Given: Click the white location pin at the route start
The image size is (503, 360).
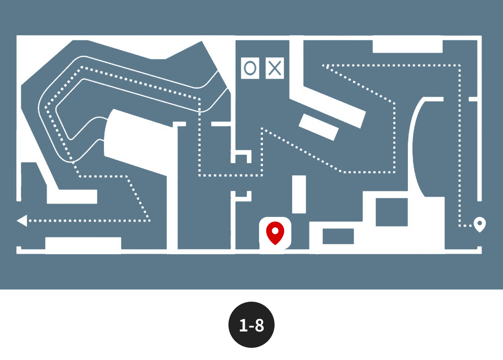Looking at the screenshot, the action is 480,224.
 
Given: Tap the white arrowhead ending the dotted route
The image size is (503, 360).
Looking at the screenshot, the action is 22,221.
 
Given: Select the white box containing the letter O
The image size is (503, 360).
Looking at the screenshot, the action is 250,68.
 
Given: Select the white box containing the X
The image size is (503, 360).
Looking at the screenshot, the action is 275,68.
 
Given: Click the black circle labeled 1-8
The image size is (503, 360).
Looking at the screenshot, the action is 251,325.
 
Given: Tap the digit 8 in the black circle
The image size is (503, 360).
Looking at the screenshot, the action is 259,326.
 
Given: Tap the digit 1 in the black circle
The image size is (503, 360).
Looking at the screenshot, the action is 244,326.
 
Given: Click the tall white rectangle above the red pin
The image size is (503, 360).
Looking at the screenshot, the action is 299,194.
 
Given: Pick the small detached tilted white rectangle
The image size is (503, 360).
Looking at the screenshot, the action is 319,127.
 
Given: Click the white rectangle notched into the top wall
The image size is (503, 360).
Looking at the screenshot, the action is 407,47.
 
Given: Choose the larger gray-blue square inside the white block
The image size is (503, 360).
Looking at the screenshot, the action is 392,212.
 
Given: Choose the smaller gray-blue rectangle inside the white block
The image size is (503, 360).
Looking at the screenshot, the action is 338,236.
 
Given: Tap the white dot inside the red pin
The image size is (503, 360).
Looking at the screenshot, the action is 275,231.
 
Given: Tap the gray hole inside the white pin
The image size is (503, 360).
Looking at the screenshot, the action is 480,223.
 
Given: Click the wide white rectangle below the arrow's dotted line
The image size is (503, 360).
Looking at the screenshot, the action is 83,243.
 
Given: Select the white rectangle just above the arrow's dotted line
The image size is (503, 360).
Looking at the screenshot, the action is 72,197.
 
